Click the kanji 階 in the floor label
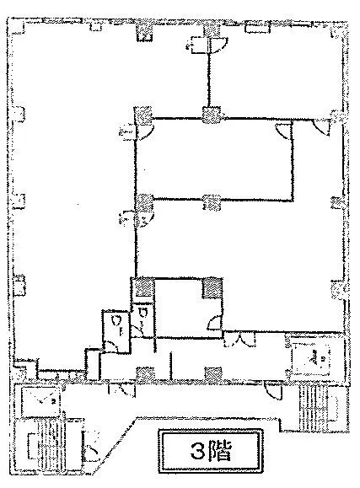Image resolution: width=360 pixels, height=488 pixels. [219, 450]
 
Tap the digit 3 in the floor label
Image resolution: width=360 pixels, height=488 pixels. [197, 450]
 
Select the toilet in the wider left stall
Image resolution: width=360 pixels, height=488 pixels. [118, 323]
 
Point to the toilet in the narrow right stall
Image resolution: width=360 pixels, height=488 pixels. [143, 314]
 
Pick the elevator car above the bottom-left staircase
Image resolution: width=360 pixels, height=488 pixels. [40, 401]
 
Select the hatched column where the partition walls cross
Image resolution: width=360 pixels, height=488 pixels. [212, 115]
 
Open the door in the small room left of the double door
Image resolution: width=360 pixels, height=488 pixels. [215, 322]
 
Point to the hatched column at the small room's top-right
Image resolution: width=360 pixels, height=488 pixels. [212, 287]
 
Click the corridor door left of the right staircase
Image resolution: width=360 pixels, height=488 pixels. [273, 389]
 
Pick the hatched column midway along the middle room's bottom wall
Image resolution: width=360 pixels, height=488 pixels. [212, 202]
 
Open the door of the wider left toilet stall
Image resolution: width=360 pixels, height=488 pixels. [110, 346]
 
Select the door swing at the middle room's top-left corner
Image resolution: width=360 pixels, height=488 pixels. [144, 131]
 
